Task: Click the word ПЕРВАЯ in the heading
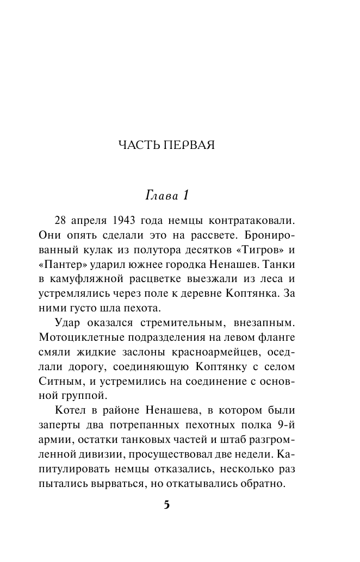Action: point(189,145)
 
